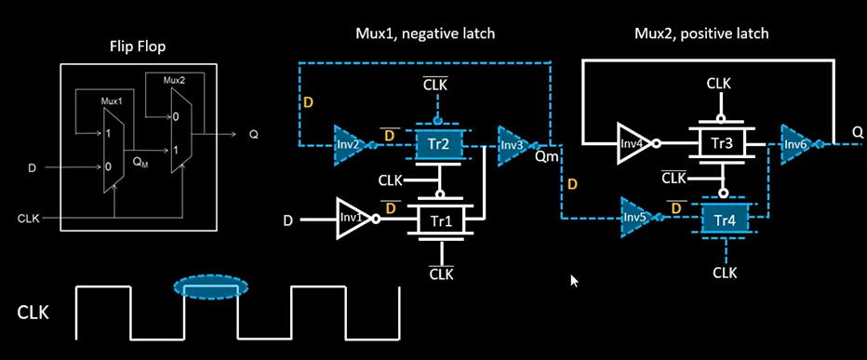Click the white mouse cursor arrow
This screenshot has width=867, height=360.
pos(574,280)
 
